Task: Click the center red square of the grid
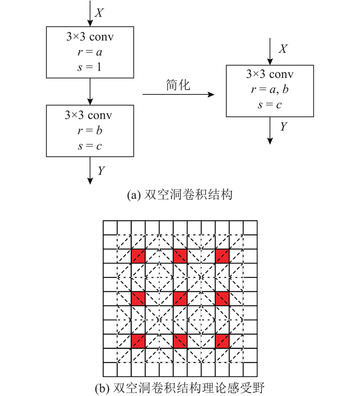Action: click(x=180, y=299)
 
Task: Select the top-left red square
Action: click(x=138, y=256)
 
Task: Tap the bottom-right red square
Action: click(x=222, y=341)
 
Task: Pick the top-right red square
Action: click(x=222, y=256)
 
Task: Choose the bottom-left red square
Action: click(x=138, y=341)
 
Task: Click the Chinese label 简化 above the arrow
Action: click(x=178, y=85)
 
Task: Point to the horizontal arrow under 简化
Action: click(x=179, y=94)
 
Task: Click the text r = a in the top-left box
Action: click(x=90, y=52)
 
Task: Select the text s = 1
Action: click(x=90, y=67)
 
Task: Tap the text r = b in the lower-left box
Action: click(x=90, y=130)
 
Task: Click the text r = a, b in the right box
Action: click(x=270, y=89)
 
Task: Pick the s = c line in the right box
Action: click(x=270, y=105)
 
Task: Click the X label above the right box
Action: click(x=283, y=49)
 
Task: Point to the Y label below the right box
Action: click(x=283, y=126)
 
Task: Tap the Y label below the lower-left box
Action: click(x=101, y=171)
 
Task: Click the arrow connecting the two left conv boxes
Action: click(x=90, y=91)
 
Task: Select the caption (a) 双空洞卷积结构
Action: click(x=180, y=195)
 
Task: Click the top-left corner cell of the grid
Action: click(x=110, y=228)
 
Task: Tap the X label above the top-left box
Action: click(x=99, y=13)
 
